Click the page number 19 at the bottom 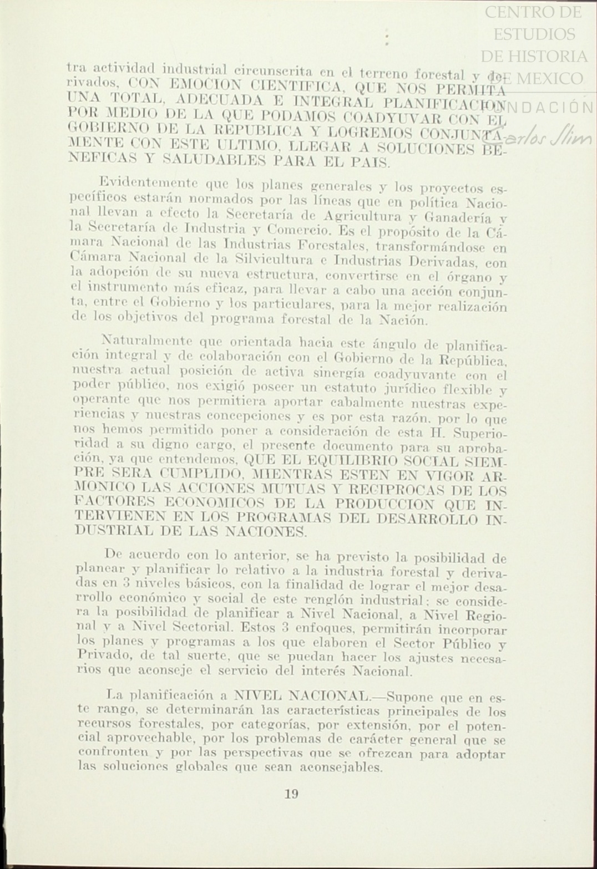[291, 794]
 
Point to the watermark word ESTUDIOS [534, 34]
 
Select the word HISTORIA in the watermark [558, 57]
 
